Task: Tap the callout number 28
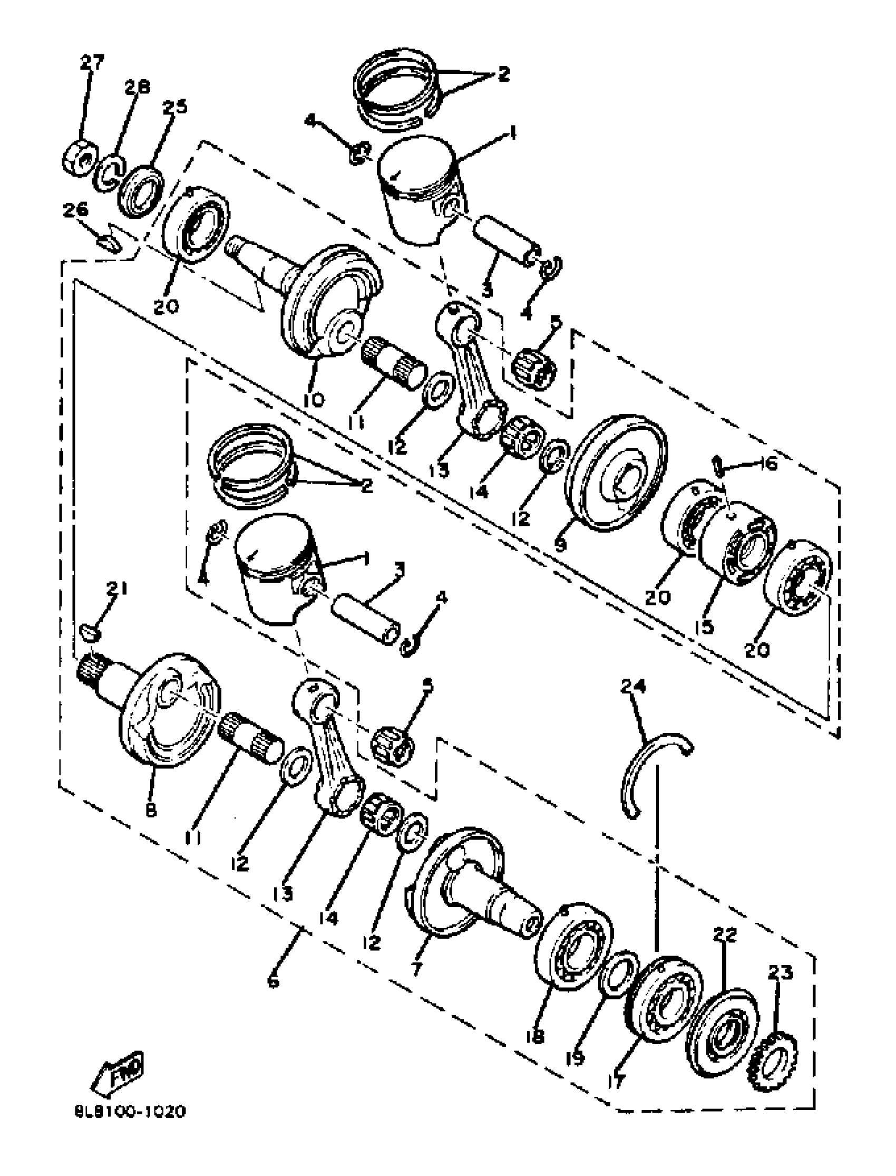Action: click(138, 86)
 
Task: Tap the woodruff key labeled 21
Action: click(91, 632)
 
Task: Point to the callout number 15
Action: click(705, 626)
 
